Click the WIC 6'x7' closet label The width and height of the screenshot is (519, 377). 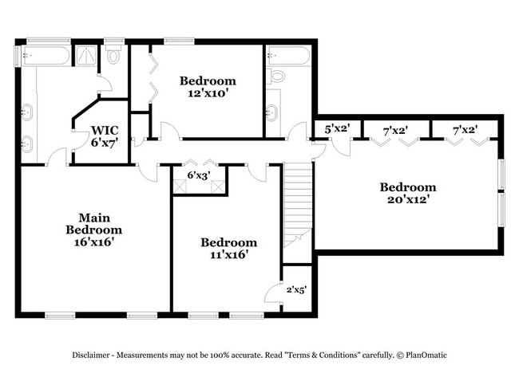105,135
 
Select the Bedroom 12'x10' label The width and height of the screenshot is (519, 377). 208,86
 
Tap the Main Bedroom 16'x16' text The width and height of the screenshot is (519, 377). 94,230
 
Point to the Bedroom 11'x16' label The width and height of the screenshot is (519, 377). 228,248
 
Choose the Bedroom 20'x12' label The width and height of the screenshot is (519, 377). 407,194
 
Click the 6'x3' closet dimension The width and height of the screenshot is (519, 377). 198,175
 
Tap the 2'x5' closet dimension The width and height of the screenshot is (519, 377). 296,290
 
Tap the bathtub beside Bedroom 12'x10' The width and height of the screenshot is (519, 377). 287,56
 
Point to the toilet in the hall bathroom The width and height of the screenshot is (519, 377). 276,77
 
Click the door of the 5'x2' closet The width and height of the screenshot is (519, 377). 340,146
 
